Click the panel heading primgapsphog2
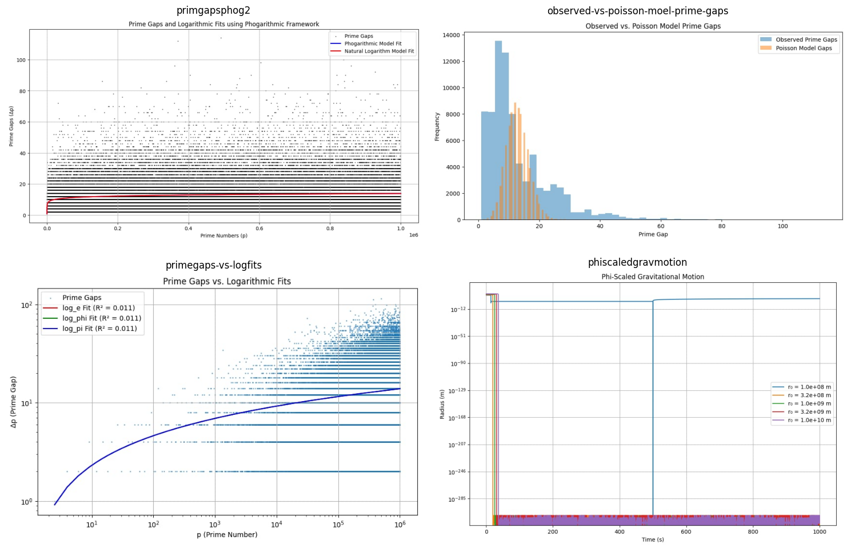click(x=213, y=10)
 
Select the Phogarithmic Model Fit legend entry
click(x=373, y=43)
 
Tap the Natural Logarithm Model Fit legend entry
click(x=379, y=51)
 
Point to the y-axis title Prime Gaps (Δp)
click(x=11, y=126)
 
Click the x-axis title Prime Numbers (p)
click(x=223, y=235)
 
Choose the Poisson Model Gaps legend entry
click(x=804, y=48)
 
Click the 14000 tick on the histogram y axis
click(x=451, y=35)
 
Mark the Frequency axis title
click(x=437, y=126)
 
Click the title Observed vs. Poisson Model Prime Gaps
click(x=653, y=26)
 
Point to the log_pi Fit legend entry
click(x=99, y=329)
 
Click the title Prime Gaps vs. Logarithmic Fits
click(x=227, y=281)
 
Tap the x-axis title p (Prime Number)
click(x=227, y=535)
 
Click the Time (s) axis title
click(x=653, y=539)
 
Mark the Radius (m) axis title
click(x=442, y=404)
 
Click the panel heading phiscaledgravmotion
click(x=637, y=262)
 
